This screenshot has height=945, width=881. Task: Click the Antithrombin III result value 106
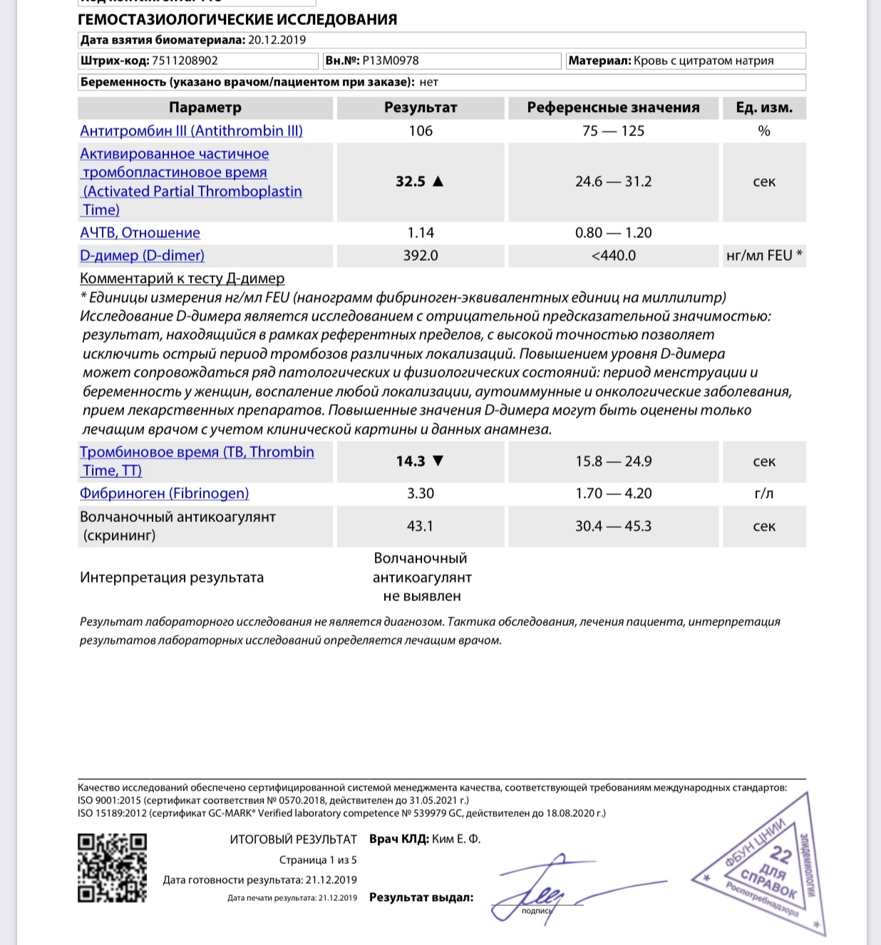[421, 131]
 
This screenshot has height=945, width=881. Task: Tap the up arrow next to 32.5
[438, 182]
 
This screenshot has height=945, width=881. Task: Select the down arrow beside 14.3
[438, 461]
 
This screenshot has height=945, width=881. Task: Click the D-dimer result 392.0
[421, 256]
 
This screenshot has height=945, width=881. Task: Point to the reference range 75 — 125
[613, 131]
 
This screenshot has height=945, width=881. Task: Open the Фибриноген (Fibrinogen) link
[164, 494]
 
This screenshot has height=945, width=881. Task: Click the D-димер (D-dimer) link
[142, 256]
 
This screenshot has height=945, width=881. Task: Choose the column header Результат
[421, 108]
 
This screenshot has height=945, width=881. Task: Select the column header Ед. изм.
[764, 108]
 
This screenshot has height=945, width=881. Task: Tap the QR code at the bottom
[112, 867]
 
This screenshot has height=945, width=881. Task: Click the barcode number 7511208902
[185, 61]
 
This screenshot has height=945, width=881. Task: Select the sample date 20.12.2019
[277, 41]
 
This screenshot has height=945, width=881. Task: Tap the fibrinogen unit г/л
[764, 494]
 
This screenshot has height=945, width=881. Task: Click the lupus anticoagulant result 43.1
[420, 526]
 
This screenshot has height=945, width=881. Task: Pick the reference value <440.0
[613, 256]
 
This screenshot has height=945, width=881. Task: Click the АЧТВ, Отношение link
[140, 233]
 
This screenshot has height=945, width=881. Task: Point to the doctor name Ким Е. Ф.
[456, 840]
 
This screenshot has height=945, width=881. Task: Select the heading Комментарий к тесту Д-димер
[182, 278]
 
